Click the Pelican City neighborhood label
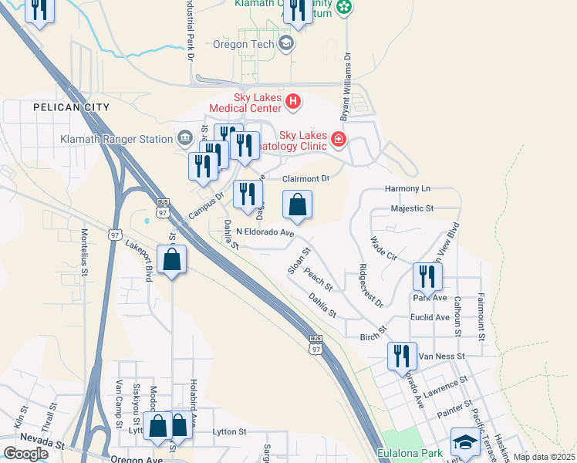[x=66, y=107]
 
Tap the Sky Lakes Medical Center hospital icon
[x=292, y=100]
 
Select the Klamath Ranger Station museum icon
[x=185, y=140]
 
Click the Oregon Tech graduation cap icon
[x=286, y=43]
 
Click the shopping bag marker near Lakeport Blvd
[x=171, y=259]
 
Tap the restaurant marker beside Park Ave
[x=427, y=276]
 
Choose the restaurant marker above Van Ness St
[x=401, y=355]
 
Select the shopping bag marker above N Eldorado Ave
[x=297, y=205]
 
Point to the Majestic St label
[x=413, y=208]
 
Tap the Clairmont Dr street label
[x=305, y=178]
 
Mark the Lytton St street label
[x=229, y=432]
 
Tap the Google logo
[x=25, y=453]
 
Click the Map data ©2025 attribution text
[x=544, y=457]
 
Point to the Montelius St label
[x=84, y=251]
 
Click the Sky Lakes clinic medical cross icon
[x=337, y=139]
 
